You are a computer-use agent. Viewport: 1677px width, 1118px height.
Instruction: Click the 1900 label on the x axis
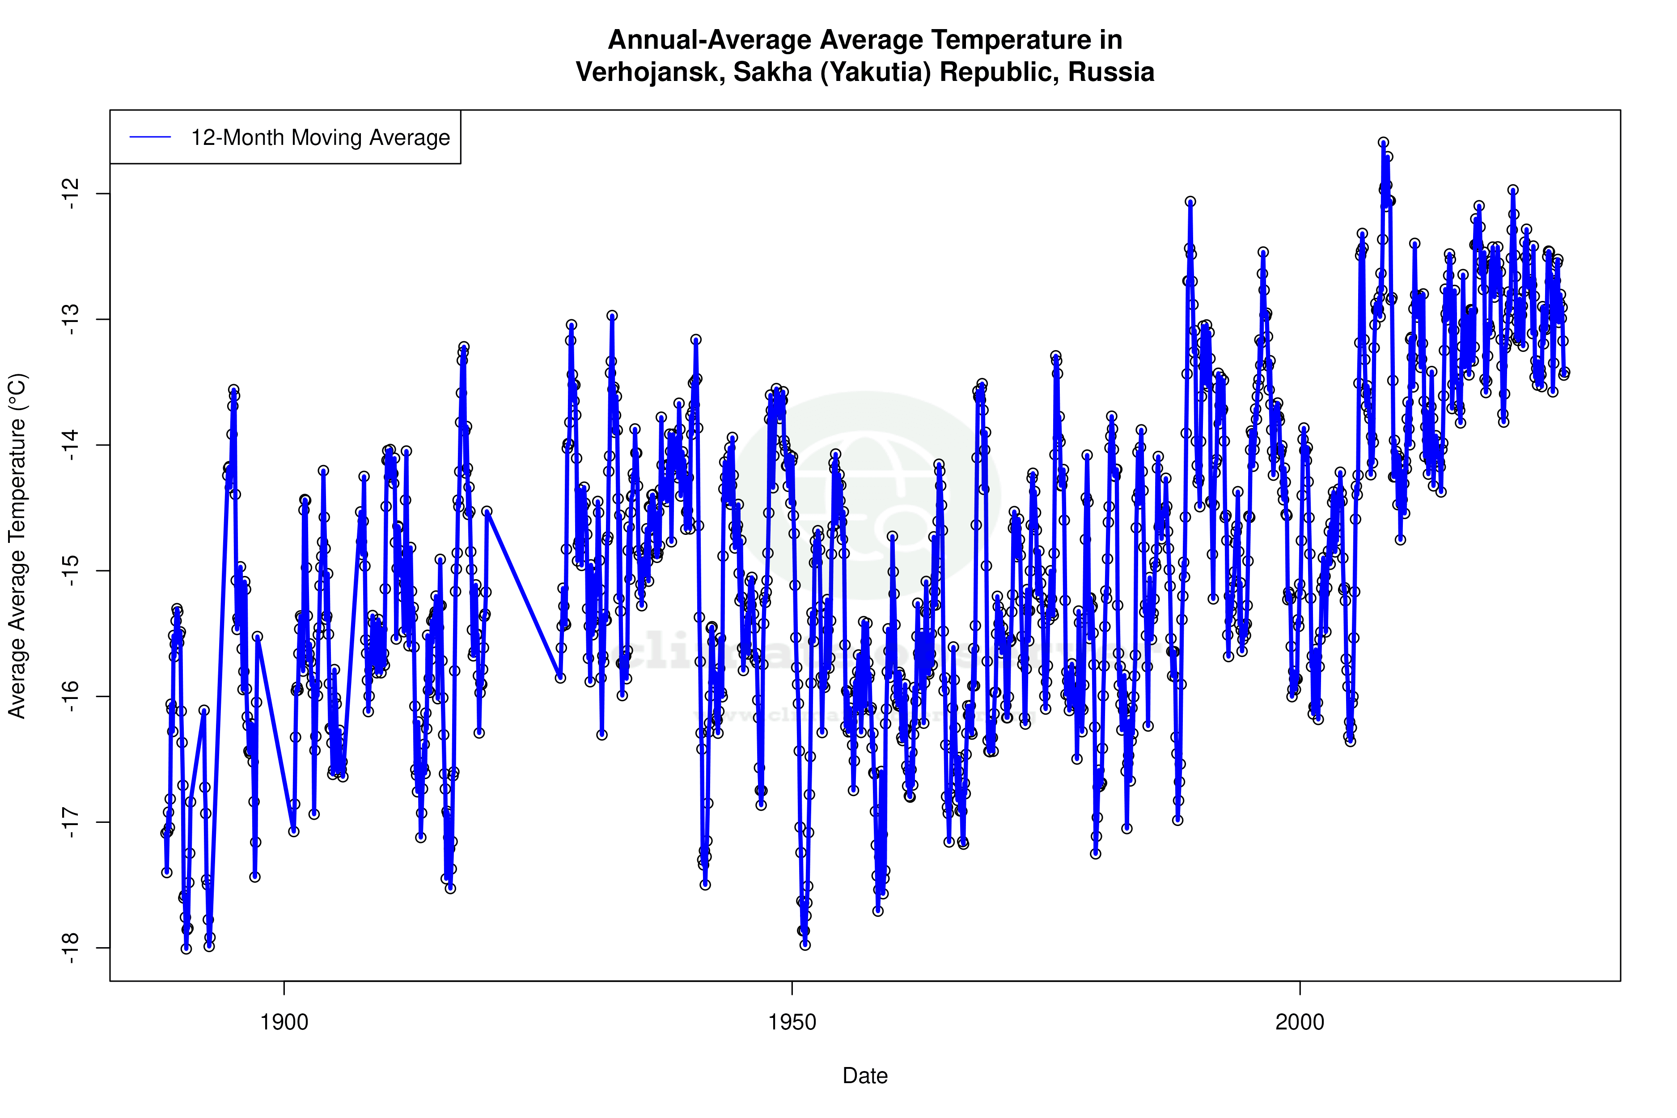(284, 1022)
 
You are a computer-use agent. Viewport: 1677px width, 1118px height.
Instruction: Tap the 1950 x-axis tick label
(792, 1022)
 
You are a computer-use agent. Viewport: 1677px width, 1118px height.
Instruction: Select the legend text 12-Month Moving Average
(320, 138)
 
